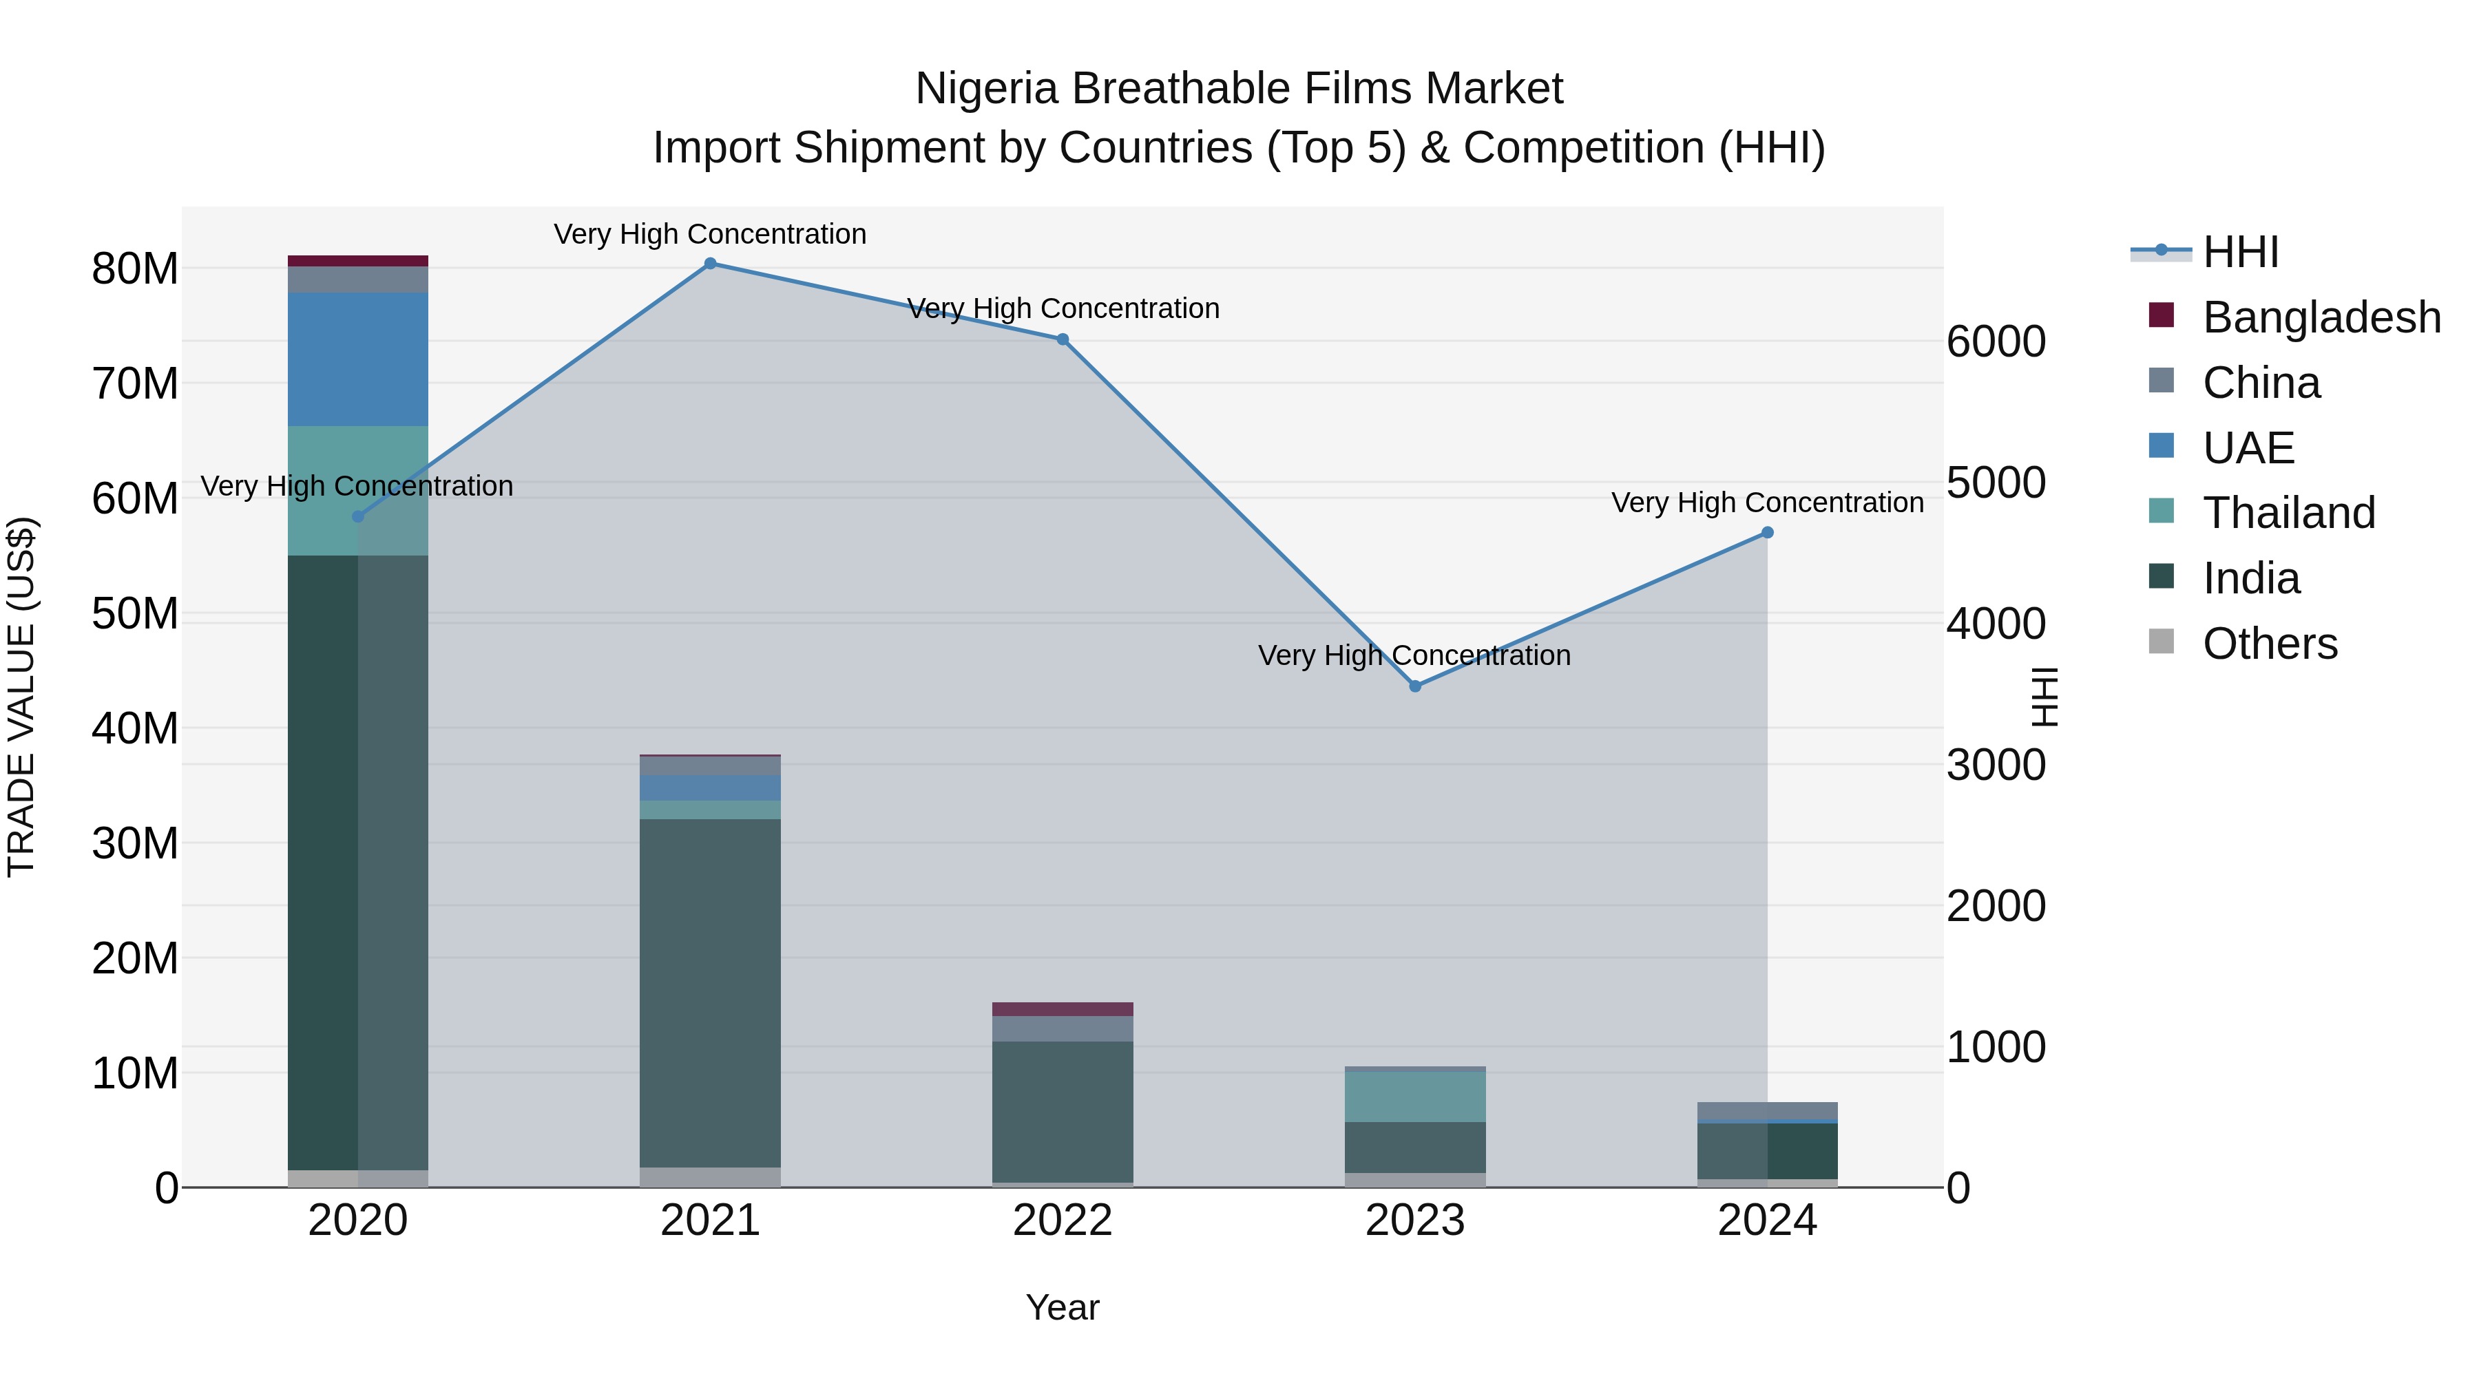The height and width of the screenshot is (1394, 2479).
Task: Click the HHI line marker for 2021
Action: (710, 264)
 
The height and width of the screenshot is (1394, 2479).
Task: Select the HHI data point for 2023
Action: (1414, 686)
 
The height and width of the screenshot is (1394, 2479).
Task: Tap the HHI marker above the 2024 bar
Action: (1767, 533)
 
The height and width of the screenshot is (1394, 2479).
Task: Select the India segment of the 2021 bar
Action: (710, 991)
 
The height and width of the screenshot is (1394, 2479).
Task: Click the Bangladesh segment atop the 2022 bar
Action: (1063, 1009)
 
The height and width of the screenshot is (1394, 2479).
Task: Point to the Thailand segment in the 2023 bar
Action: (1414, 1097)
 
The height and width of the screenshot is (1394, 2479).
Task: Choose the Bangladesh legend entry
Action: (2320, 317)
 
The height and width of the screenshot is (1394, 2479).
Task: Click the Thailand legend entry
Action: (2288, 513)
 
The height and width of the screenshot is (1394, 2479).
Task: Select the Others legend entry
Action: (2269, 644)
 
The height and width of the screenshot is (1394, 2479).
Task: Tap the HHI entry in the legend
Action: (2239, 252)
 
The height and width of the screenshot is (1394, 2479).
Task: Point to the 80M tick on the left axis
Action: (135, 268)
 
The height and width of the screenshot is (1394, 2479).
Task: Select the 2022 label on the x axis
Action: (1063, 1221)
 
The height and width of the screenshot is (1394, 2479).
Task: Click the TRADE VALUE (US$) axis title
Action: (21, 697)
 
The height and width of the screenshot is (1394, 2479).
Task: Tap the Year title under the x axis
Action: (1063, 1307)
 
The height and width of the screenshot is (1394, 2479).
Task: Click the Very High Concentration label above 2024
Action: (1767, 503)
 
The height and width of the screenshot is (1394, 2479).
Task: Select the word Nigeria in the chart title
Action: (987, 89)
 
